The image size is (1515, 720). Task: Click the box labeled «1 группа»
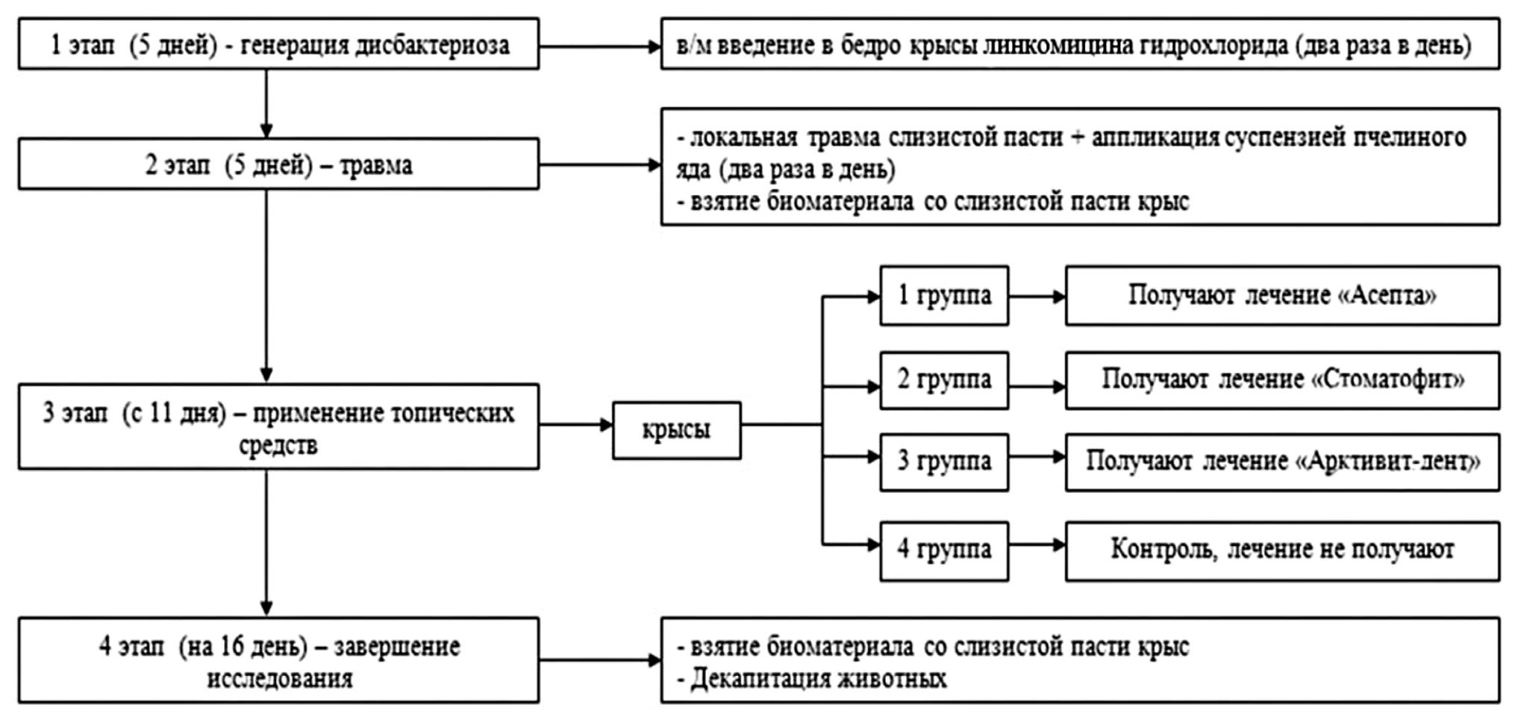(x=943, y=296)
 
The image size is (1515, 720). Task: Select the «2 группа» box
(x=943, y=380)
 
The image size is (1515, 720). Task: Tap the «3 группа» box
(x=943, y=462)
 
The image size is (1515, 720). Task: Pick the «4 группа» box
(x=943, y=550)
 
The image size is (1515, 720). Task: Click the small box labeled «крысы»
(x=676, y=430)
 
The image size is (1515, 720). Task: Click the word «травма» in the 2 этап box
(x=375, y=165)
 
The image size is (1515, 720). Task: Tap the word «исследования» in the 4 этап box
(x=279, y=679)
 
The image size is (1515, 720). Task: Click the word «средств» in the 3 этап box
(x=278, y=446)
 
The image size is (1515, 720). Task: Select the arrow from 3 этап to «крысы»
(x=575, y=425)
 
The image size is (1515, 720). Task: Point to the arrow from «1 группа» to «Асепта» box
(x=1037, y=297)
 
